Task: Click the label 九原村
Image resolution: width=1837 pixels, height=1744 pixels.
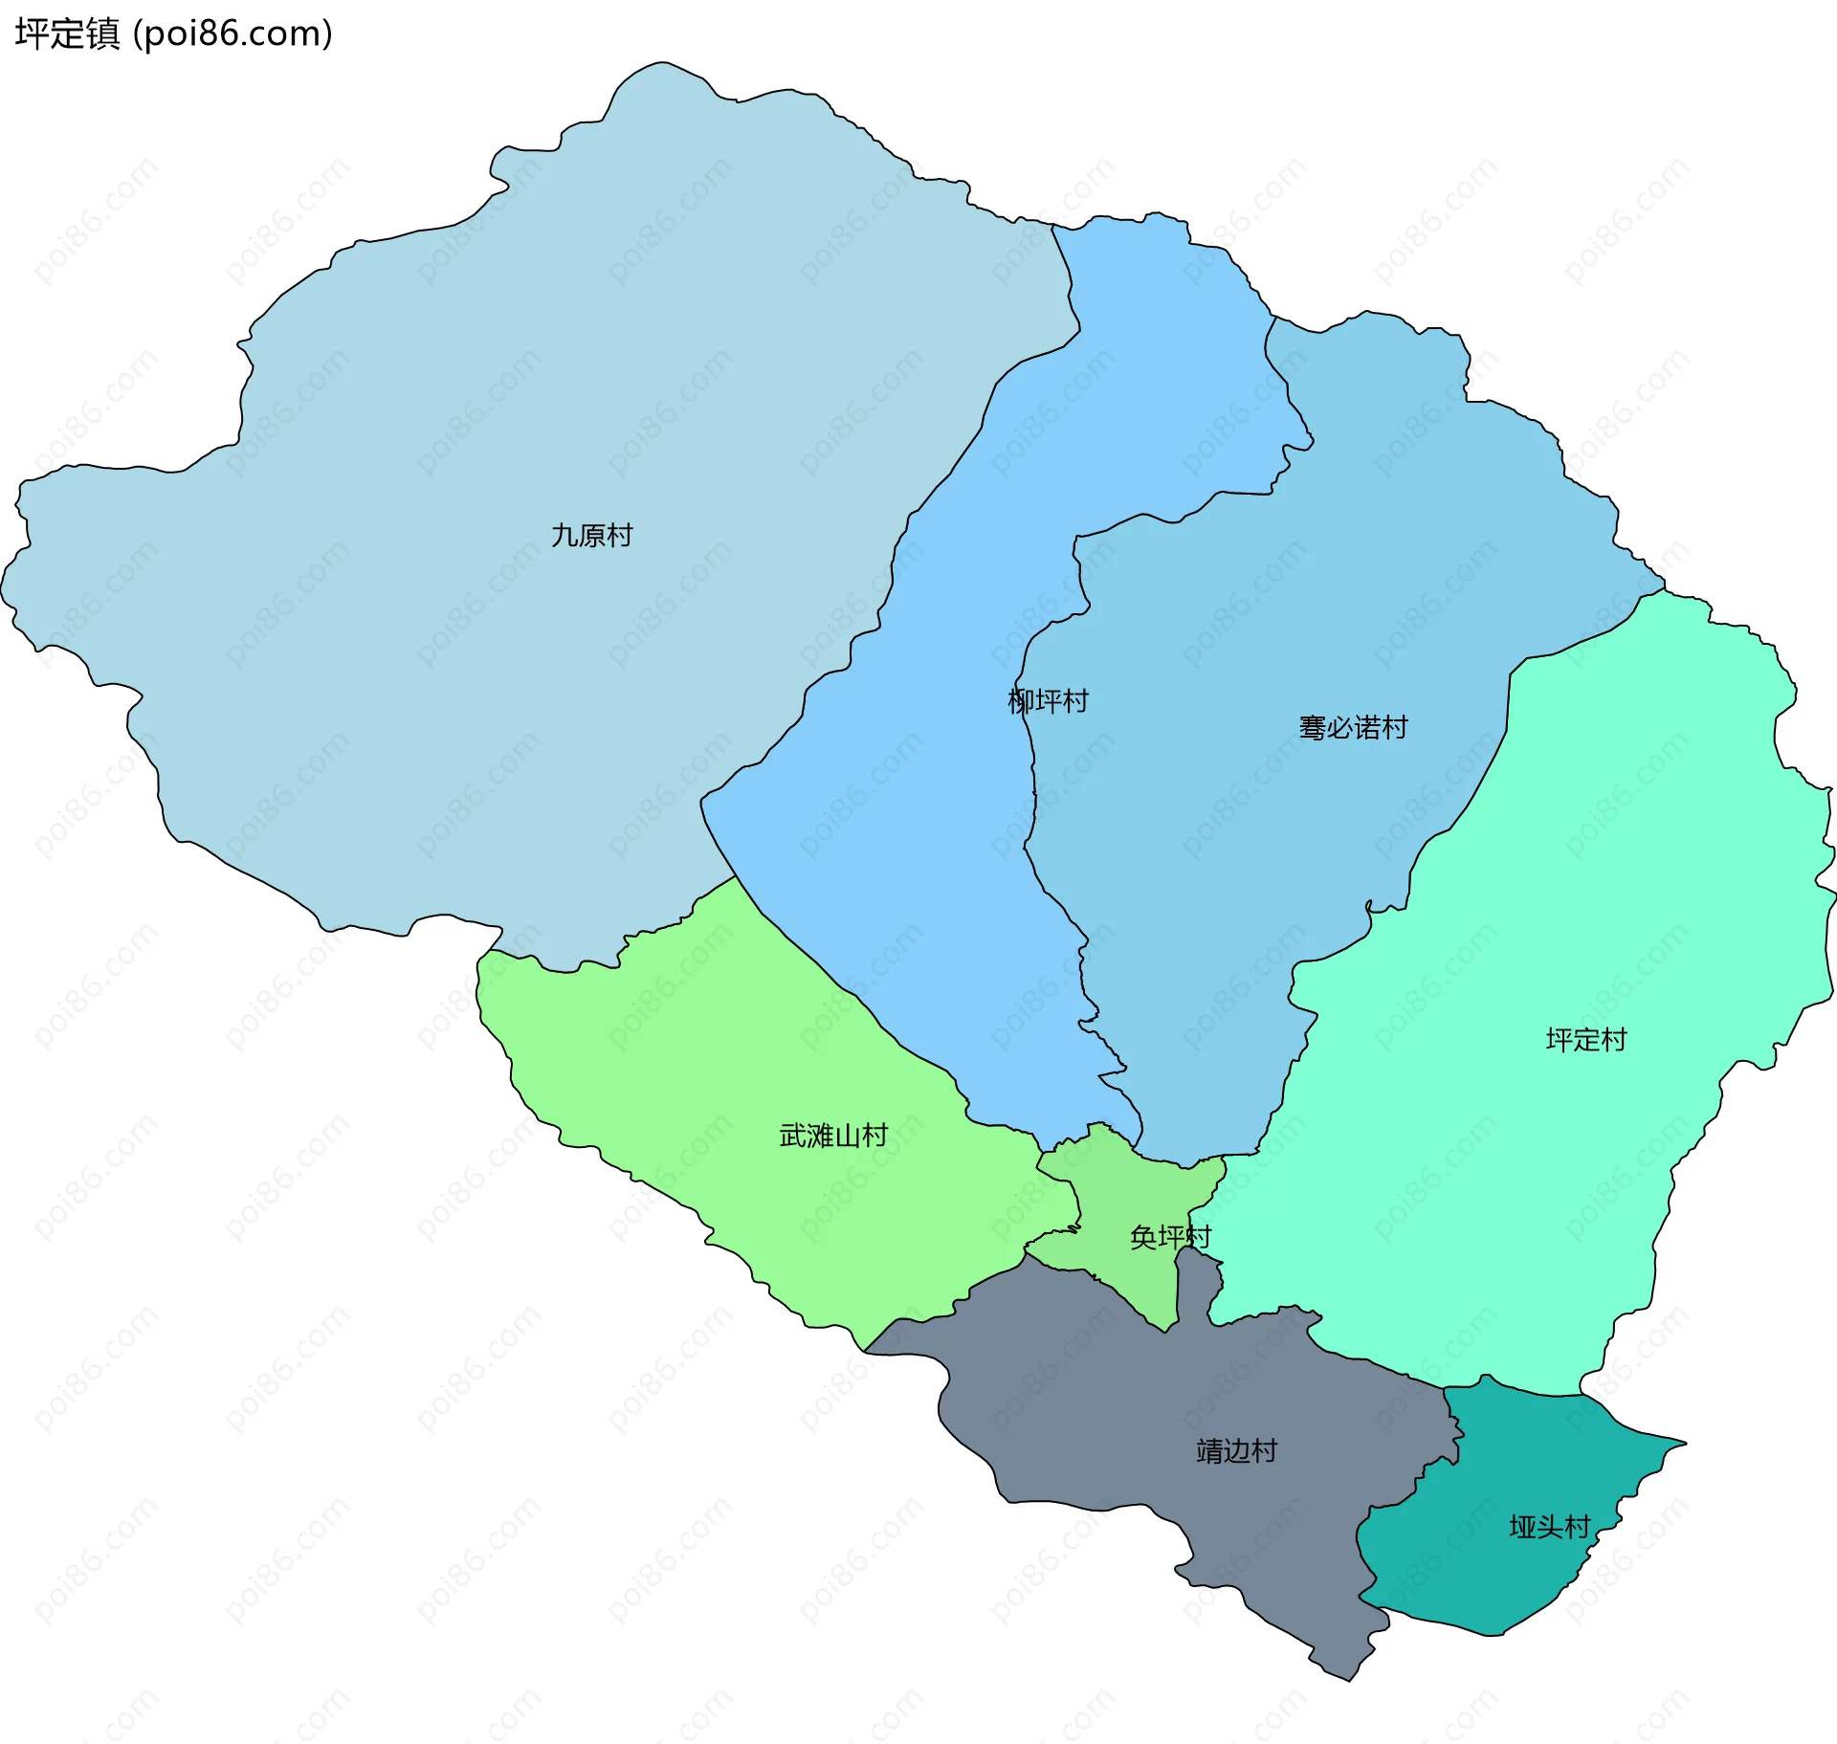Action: [591, 535]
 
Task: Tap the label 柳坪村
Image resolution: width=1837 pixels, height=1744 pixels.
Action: [1048, 701]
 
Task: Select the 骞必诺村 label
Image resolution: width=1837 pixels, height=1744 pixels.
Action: [1353, 728]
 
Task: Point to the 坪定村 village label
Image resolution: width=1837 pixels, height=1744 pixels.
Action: [1585, 1040]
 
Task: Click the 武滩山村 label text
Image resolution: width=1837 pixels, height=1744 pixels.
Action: [833, 1136]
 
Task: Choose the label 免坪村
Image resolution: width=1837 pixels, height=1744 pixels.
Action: [1169, 1237]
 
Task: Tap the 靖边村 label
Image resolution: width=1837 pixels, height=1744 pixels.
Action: [1236, 1451]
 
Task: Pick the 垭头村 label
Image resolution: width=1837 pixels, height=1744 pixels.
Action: [1549, 1527]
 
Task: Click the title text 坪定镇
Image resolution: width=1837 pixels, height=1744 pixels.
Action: [67, 33]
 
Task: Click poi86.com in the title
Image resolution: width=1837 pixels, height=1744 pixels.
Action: [232, 33]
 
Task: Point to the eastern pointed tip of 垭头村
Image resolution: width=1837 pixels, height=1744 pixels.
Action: [1685, 1443]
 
